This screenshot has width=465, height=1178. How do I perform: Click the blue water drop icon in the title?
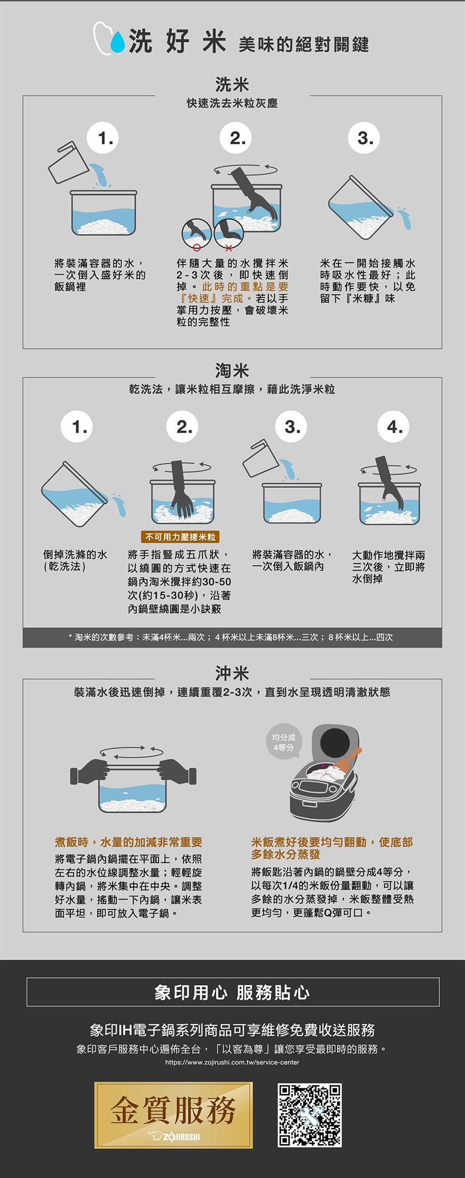coord(117,42)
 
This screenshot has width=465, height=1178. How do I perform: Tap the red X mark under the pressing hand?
coord(229,248)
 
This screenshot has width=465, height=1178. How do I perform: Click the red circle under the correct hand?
coord(197,248)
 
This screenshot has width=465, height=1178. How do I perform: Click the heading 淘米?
coord(232,371)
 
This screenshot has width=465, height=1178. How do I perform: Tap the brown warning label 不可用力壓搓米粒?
coord(180,537)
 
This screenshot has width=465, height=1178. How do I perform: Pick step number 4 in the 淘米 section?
coord(394,426)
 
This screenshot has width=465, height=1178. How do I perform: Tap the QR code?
coord(310,1116)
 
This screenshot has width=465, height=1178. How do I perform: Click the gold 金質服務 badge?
coord(173,1115)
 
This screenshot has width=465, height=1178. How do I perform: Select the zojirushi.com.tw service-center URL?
coord(232,1062)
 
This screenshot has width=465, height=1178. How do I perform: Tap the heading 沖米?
coord(232,673)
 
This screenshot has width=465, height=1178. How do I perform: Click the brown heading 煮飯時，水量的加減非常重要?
coord(128,842)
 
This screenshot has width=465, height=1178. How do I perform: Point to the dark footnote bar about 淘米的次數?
coord(232,637)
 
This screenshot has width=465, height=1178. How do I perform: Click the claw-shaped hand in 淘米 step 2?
coord(181,490)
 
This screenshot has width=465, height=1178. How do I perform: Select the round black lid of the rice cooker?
coord(335,741)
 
